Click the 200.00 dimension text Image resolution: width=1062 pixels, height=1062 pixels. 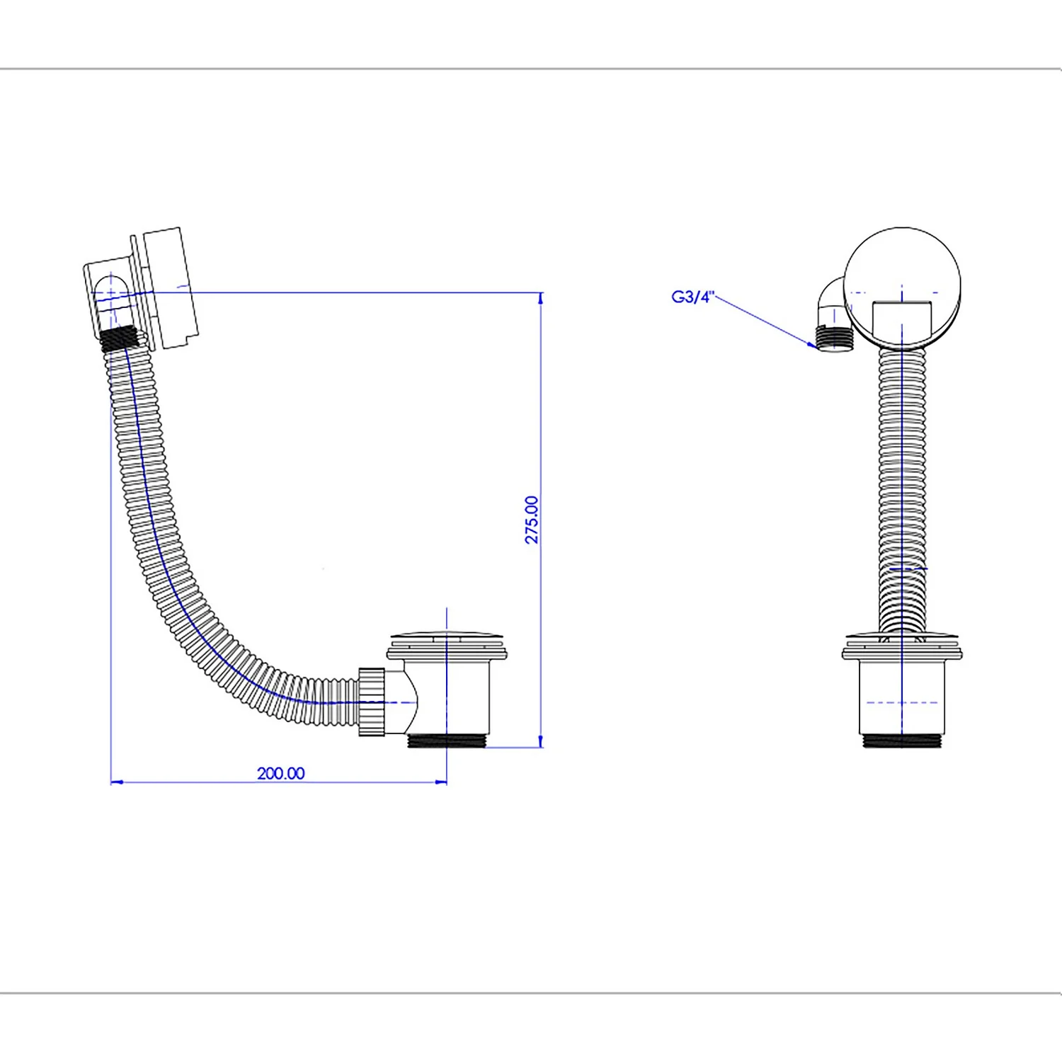281,773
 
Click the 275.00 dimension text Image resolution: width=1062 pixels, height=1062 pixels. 532,520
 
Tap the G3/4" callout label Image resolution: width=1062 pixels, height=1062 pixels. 693,297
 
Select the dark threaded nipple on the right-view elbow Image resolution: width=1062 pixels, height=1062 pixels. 835,336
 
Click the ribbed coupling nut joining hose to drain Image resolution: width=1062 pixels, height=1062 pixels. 372,702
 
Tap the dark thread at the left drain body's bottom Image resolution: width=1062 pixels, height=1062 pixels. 448,741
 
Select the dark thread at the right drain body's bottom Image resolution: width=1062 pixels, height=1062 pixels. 902,741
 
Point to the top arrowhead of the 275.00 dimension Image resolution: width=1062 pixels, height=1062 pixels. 541,299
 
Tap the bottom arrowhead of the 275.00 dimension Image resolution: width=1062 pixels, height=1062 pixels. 541,741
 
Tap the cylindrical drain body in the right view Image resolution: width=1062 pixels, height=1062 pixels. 902,697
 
